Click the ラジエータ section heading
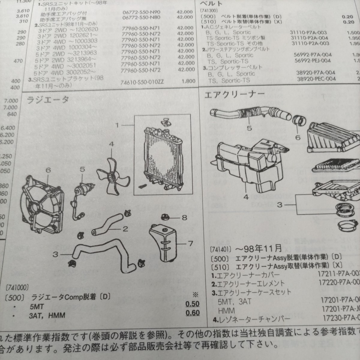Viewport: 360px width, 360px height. click(48, 100)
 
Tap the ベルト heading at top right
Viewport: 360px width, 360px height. click(212, 4)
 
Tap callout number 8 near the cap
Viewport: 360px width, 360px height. click(184, 217)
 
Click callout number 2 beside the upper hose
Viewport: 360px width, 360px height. click(125, 229)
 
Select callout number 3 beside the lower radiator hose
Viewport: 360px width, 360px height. click(55, 254)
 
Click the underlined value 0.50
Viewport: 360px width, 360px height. click(193, 304)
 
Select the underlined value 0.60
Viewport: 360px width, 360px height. click(193, 313)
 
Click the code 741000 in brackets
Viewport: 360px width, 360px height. click(17, 287)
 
